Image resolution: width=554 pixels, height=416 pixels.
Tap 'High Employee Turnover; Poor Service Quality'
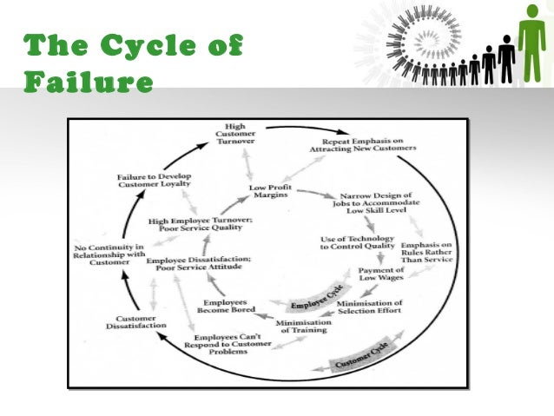click(x=200, y=225)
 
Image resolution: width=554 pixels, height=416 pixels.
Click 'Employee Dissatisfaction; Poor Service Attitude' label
click(x=199, y=265)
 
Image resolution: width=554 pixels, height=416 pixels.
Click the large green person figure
click(x=531, y=43)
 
